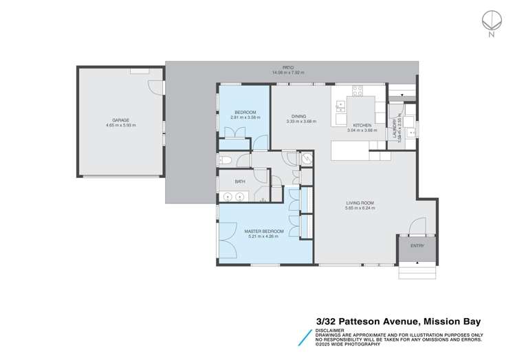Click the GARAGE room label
(x=121, y=120)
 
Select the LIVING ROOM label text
(x=360, y=203)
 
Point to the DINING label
(x=298, y=116)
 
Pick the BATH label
(x=240, y=181)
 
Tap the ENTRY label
(x=417, y=245)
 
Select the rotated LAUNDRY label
(x=396, y=125)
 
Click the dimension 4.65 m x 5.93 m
(x=121, y=125)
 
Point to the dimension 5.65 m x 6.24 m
(x=360, y=209)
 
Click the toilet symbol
(x=224, y=161)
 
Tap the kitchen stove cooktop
(x=358, y=89)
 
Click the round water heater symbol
(x=308, y=158)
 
